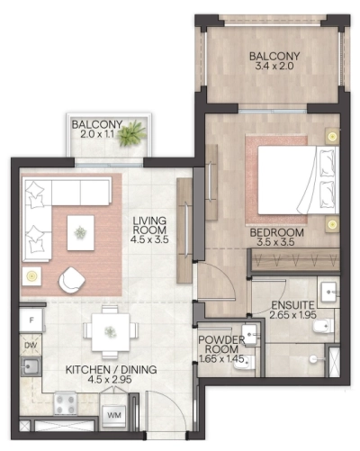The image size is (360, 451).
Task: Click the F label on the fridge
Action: [31, 319]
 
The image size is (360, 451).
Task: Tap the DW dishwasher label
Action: [31, 345]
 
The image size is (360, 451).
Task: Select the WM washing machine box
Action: [114, 415]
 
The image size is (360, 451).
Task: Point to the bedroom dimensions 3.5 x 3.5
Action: [277, 243]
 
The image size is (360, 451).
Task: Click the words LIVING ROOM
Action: [151, 223]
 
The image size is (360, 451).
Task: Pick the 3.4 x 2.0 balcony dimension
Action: [275, 67]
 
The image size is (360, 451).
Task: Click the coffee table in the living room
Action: [82, 232]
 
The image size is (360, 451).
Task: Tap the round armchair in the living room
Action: [70, 282]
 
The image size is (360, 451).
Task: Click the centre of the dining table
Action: [108, 330]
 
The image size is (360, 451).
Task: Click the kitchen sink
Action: [30, 367]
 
